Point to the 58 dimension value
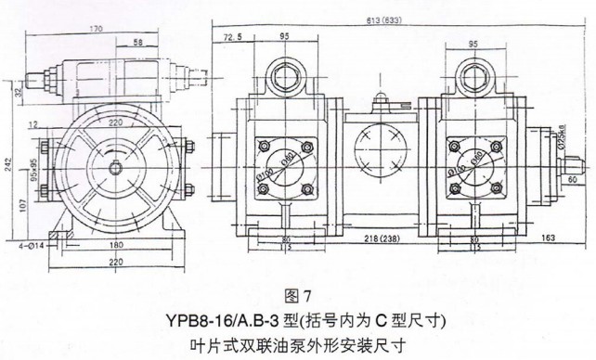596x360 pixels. click(137, 43)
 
